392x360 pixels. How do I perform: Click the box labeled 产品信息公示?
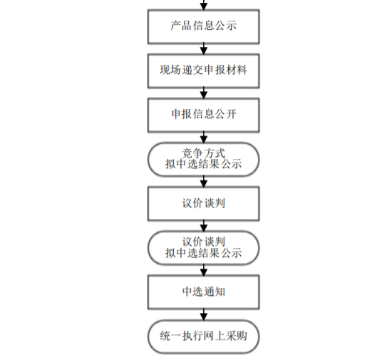[204, 27]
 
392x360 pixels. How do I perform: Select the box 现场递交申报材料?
[204, 71]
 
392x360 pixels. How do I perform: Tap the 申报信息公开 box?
[204, 115]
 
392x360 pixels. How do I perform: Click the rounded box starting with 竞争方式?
[204, 160]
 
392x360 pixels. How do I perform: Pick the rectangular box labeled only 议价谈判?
[204, 204]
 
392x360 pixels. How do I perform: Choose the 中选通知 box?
[204, 292]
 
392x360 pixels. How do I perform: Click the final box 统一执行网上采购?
[204, 336]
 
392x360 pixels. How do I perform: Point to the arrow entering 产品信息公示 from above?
[204, 5]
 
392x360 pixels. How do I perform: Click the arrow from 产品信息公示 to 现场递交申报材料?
[204, 48]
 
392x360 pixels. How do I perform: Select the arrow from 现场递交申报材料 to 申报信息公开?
[204, 93]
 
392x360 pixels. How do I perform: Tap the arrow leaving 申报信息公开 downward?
[204, 138]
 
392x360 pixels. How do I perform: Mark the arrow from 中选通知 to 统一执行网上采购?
[204, 314]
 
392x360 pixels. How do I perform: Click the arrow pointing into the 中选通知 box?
[204, 270]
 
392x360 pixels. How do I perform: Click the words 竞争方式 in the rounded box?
[204, 153]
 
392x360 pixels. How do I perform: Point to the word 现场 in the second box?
[170, 70]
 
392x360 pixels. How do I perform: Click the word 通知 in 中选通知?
[215, 292]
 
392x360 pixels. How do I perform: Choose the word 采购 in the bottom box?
[237, 336]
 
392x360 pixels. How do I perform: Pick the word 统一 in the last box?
[170, 336]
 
